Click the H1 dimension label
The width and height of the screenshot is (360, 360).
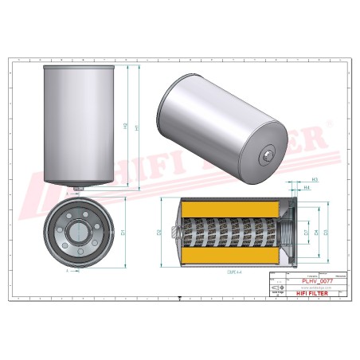pyautogui.click(x=138, y=127)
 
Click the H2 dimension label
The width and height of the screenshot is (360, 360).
pyautogui.click(x=125, y=127)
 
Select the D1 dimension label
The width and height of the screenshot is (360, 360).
pyautogui.click(x=123, y=233)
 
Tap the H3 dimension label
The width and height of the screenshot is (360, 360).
pyautogui.click(x=315, y=180)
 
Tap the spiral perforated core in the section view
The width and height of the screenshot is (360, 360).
pyautogui.click(x=231, y=232)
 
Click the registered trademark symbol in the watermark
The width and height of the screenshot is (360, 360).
pyautogui.click(x=329, y=124)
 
